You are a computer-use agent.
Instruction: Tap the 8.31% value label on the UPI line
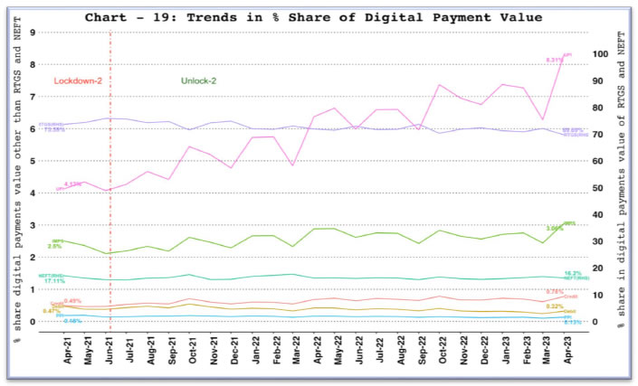point(553,60)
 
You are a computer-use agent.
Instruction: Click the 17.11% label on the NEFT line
point(53,281)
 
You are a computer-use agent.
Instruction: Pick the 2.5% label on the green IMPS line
point(54,246)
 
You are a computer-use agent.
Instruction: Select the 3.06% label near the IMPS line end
point(555,229)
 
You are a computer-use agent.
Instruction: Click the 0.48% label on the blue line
point(73,321)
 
